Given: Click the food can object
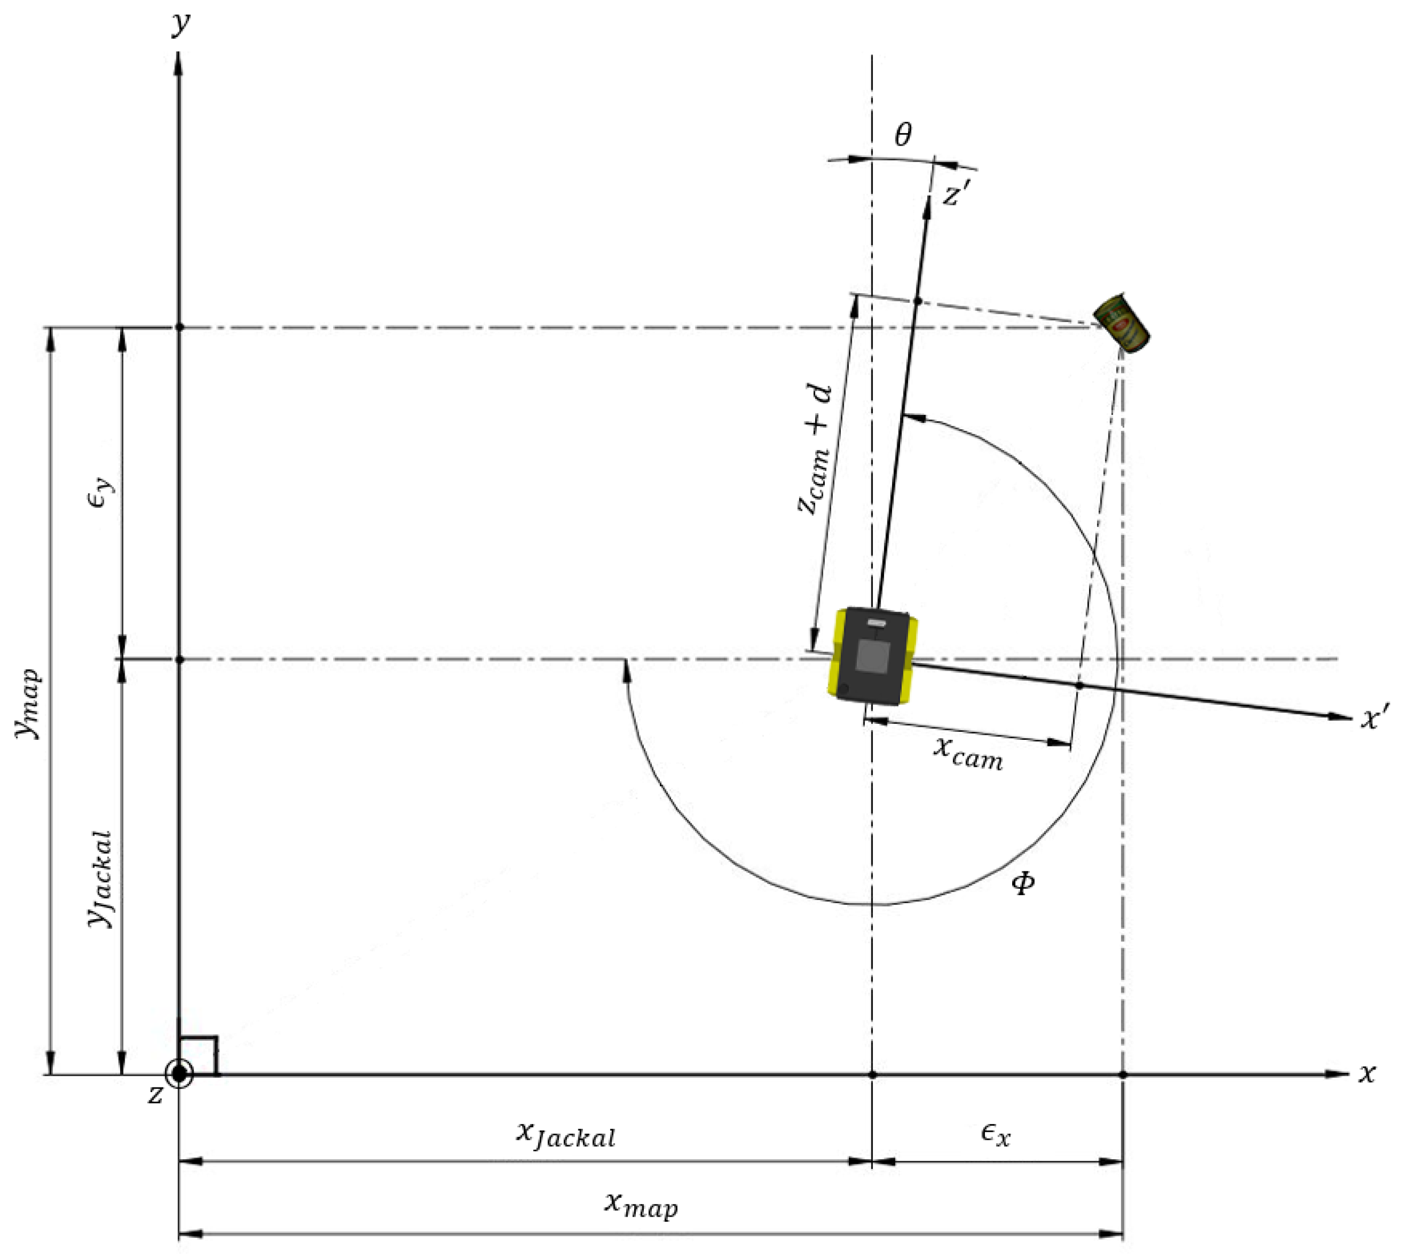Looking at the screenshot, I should pyautogui.click(x=1121, y=323).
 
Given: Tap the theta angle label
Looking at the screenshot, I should pyautogui.click(x=903, y=134).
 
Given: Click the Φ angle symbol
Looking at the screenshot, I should pyautogui.click(x=1023, y=883).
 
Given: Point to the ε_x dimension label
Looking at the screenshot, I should pyautogui.click(x=995, y=1135).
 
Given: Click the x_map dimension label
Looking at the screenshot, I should pyautogui.click(x=640, y=1205).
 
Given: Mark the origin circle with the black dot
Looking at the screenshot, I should pyautogui.click(x=179, y=1074).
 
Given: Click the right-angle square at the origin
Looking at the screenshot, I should pyautogui.click(x=199, y=1055).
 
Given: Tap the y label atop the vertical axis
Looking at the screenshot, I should pyautogui.click(x=181, y=22).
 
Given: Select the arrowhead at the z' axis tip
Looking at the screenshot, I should pyautogui.click(x=927, y=207).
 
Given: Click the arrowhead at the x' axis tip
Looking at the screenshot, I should pyautogui.click(x=1340, y=717).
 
